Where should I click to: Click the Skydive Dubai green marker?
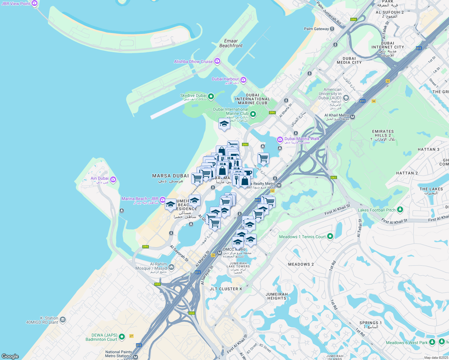coord(211,96)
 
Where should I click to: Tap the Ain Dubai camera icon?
coord(113,179)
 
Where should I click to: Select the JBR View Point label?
coord(16,4)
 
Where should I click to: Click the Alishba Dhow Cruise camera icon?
coord(217,61)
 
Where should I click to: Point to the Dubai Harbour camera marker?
coord(243,80)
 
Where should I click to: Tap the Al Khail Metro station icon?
coord(353,117)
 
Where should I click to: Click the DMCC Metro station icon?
coord(219,253)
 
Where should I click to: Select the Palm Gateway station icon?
coord(332,29)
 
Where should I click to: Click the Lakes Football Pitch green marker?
coord(400,209)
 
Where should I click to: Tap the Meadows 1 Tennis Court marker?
coord(330,236)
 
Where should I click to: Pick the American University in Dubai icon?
coord(346,98)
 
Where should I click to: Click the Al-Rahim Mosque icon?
coord(171,267)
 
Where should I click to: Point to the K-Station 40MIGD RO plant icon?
coord(63,319)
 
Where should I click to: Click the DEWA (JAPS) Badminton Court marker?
coord(122,337)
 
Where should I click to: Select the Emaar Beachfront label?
coord(231,43)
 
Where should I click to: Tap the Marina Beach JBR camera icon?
coord(162,199)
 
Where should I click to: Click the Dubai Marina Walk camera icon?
coord(280,139)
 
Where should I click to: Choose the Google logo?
coord(10,356)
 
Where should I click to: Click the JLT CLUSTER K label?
coord(226,289)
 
